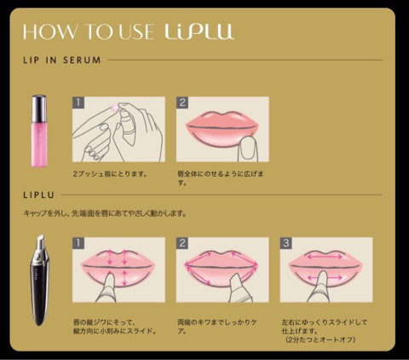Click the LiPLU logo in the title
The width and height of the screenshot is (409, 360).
pyautogui.click(x=199, y=32)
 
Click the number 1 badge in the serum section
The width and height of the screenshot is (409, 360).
pyautogui.click(x=78, y=102)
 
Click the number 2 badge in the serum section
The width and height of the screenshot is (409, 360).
pyautogui.click(x=182, y=102)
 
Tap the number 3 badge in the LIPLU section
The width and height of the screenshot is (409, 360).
pyautogui.click(x=286, y=242)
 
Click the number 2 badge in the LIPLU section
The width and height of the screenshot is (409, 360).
pyautogui.click(x=182, y=242)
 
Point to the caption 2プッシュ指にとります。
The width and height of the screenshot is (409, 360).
pyautogui.click(x=111, y=173)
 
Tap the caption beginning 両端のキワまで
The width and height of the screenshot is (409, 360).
pyautogui.click(x=216, y=327)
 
